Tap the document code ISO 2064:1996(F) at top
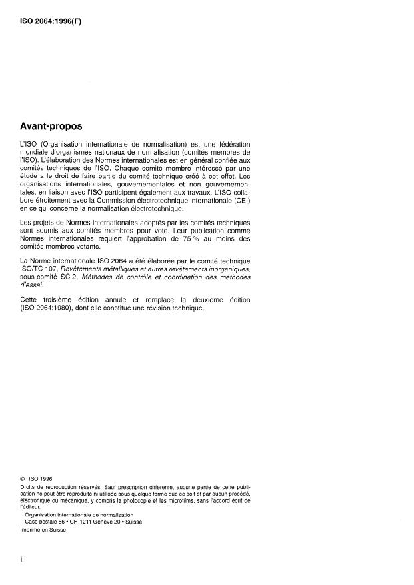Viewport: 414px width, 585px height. coord(52,20)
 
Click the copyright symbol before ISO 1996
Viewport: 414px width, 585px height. coord(23,478)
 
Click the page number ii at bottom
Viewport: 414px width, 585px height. coord(23,560)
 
